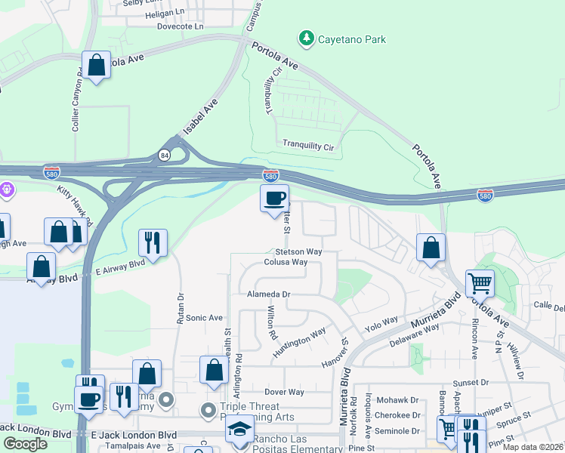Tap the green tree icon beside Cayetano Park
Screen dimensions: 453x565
(306, 37)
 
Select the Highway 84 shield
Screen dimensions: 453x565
(164, 155)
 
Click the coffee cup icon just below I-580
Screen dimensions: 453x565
(274, 199)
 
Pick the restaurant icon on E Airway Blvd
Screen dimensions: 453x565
(153, 242)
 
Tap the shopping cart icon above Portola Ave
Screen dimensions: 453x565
(480, 283)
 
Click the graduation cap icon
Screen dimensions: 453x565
(240, 429)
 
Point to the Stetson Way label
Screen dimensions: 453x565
(298, 251)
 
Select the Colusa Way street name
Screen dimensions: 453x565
(286, 262)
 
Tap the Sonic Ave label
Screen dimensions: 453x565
(205, 318)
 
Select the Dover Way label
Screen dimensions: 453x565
(284, 392)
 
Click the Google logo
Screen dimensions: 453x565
(25, 443)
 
